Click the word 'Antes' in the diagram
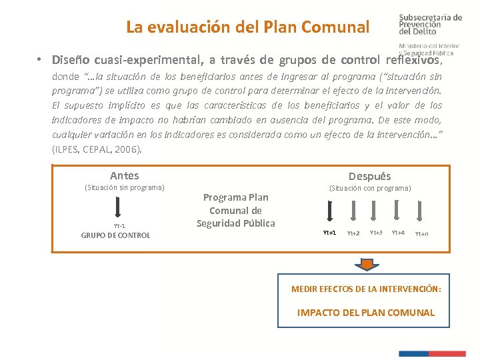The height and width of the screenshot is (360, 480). click(124, 176)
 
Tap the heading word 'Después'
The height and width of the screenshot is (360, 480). click(369, 177)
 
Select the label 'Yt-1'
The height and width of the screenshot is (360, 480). click(119, 226)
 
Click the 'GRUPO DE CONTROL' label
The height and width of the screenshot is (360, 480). click(115, 235)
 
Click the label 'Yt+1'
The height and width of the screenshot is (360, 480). click(329, 233)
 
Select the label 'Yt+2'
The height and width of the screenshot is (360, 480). click(353, 233)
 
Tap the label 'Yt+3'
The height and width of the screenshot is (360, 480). click(376, 233)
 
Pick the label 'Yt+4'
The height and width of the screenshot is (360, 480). click(398, 233)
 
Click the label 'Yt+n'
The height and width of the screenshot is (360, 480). click(422, 234)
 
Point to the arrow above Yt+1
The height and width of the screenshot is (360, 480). click(329, 211)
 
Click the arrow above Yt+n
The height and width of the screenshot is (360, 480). click(420, 211)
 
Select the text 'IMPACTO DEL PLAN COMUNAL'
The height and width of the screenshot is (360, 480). click(365, 313)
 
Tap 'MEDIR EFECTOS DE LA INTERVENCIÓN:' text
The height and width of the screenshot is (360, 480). click(366, 289)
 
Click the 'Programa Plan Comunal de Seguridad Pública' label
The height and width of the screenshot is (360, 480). click(235, 210)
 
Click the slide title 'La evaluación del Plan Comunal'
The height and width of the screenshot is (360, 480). click(247, 27)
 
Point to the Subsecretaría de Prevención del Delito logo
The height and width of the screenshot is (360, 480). click(427, 30)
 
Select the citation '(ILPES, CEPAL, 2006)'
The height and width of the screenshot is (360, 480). click(97, 149)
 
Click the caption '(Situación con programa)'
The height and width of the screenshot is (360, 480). click(370, 189)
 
